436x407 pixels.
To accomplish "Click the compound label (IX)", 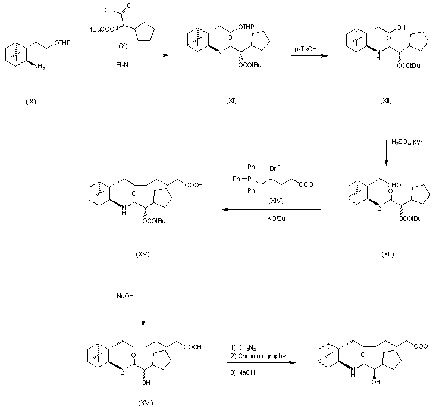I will coord(32,101).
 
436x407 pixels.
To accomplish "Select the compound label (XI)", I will coord(232,101).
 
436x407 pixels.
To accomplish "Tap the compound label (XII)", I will coord(386,101).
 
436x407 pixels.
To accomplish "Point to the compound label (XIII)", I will coord(387,254).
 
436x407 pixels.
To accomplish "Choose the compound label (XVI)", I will coord(146,403).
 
